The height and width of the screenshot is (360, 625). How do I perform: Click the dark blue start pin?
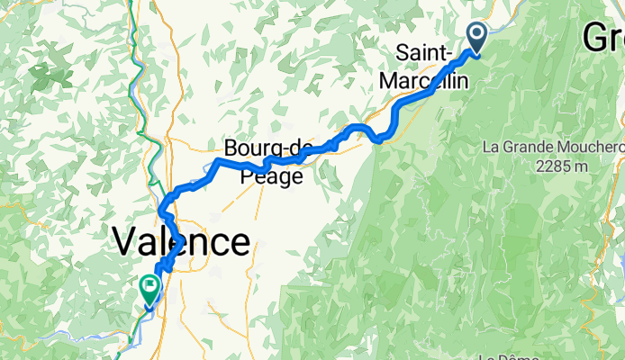pos(476,37)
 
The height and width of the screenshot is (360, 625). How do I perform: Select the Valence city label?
pos(180,242)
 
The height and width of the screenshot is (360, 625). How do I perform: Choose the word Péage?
pos(272,177)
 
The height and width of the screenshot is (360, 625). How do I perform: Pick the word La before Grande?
pos(493,147)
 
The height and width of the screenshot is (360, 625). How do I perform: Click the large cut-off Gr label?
pos(602,37)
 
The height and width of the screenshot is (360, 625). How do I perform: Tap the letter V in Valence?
pos(124,242)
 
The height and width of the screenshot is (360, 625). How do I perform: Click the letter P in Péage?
pos(248,177)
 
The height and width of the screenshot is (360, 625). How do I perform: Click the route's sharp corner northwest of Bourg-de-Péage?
pos(217,161)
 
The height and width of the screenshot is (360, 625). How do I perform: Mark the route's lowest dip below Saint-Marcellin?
pos(380,139)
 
